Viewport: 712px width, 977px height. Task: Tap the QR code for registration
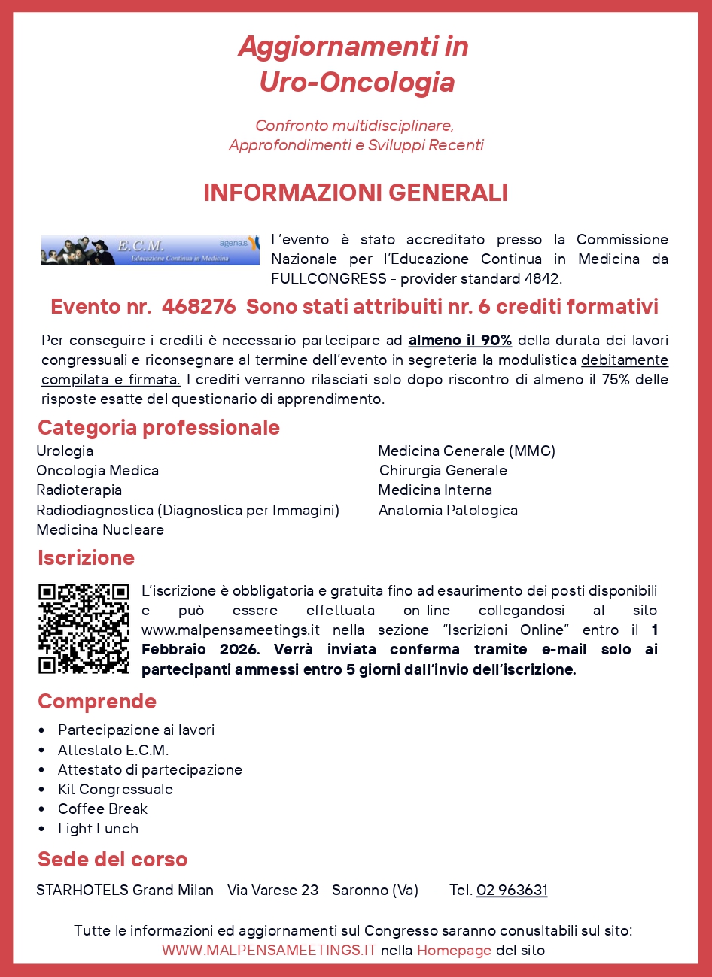click(84, 628)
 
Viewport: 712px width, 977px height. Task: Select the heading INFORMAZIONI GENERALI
click(355, 193)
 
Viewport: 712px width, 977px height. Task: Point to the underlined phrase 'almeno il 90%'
click(460, 341)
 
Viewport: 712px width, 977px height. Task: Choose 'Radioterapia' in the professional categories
click(79, 490)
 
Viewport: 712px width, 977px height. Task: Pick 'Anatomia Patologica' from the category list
click(448, 511)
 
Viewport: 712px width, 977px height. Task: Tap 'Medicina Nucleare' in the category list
click(100, 530)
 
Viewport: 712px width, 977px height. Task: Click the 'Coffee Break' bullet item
click(102, 809)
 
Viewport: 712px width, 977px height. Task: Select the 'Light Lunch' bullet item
click(98, 829)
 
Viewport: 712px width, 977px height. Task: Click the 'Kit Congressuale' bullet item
click(115, 790)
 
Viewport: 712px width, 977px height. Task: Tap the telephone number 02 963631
click(512, 891)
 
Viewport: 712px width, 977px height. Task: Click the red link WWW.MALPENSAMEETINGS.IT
click(269, 951)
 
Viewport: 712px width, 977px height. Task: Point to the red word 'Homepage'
click(454, 951)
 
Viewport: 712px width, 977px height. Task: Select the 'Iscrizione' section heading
click(86, 558)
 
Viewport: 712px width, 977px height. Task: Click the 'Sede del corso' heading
click(112, 860)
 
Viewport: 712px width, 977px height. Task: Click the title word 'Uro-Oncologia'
click(357, 82)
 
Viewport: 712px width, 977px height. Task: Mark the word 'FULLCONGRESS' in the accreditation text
click(329, 279)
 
